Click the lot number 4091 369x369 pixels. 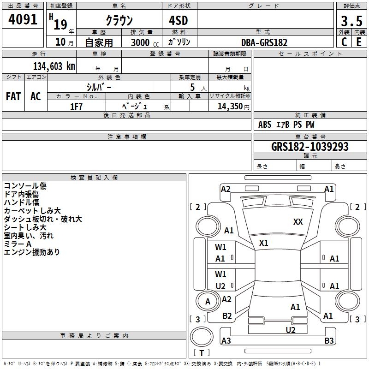pos(23,19)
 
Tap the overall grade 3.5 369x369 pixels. pos(351,21)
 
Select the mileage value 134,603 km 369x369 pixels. pos(54,66)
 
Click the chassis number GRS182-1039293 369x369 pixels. pos(309,146)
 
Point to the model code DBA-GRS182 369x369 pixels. pos(264,42)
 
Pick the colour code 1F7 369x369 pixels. pos(76,107)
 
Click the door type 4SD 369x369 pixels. pos(179,20)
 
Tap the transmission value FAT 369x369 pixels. pos(13,96)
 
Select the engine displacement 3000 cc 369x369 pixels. pos(145,42)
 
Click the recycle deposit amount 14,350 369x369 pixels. pos(230,107)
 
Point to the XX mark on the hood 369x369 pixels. pos(298,221)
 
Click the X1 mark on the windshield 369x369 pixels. pos(263,243)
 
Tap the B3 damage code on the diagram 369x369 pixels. pos(329,340)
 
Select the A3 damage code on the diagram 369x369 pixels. pos(226,340)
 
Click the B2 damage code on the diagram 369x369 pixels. pos(227,315)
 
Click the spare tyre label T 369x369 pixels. pos(202,353)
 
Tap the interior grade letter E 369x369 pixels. pos(359,42)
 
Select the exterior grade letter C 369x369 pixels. pos(344,42)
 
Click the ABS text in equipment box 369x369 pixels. pos(265,125)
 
